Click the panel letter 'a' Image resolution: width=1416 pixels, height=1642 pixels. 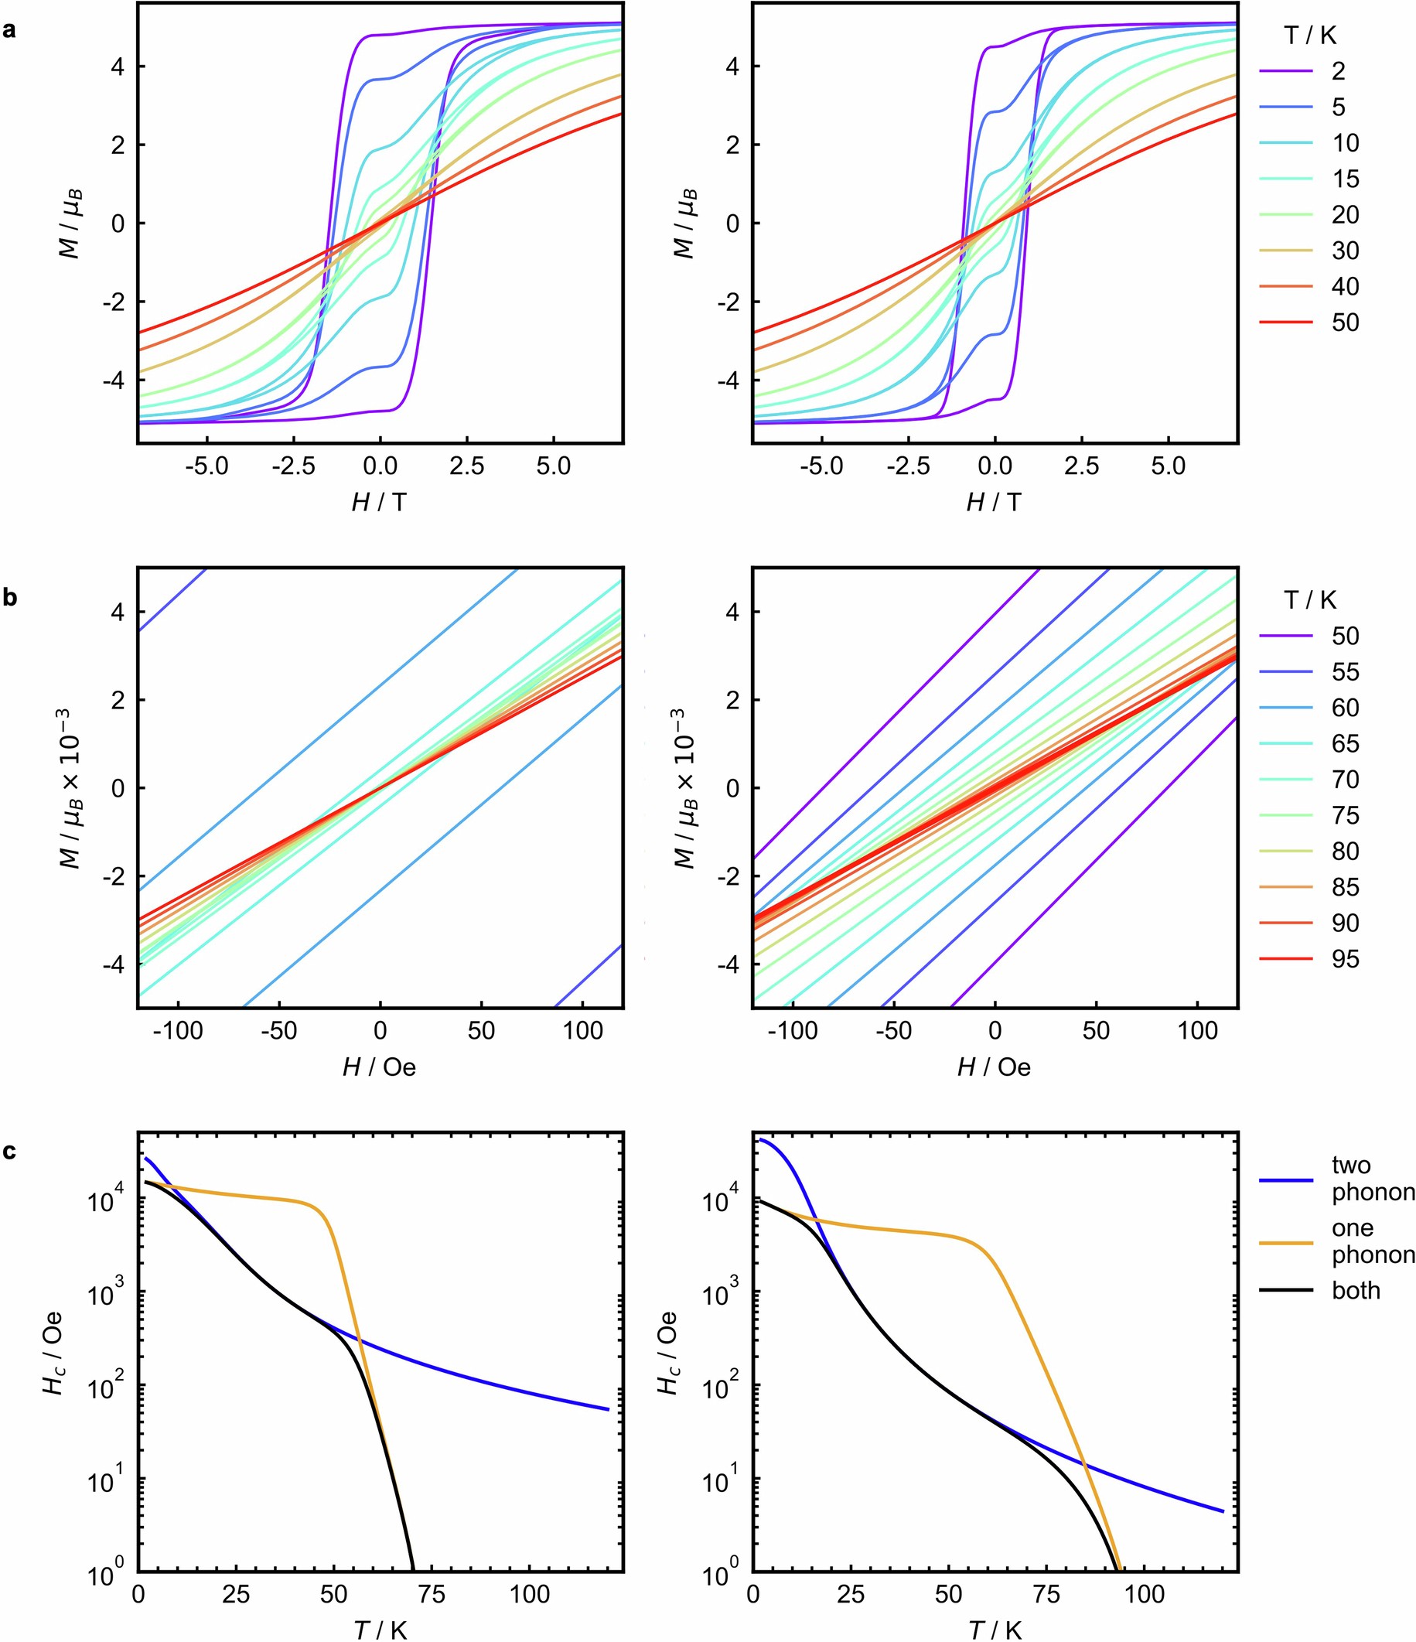pyautogui.click(x=9, y=32)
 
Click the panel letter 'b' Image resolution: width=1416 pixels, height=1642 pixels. pyautogui.click(x=9, y=598)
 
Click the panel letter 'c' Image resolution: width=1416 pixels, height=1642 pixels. pyautogui.click(x=9, y=1152)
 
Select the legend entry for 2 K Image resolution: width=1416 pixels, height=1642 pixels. pyautogui.click(x=1338, y=71)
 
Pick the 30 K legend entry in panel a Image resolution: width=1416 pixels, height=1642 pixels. pyautogui.click(x=1345, y=251)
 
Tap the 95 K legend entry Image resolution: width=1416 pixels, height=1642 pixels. pyautogui.click(x=1345, y=959)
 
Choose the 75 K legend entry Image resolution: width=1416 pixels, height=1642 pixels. pyautogui.click(x=1345, y=815)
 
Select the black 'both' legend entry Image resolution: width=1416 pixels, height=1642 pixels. pyautogui.click(x=1355, y=1291)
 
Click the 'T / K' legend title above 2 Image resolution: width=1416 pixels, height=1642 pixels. pyautogui.click(x=1310, y=35)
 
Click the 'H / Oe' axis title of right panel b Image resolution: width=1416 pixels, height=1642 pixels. pyautogui.click(x=994, y=1067)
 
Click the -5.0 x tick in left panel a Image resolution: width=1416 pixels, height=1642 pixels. pyautogui.click(x=206, y=466)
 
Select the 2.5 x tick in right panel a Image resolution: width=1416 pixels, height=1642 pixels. pyautogui.click(x=1081, y=466)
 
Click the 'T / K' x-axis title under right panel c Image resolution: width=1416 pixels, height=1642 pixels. pyautogui.click(x=994, y=1630)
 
